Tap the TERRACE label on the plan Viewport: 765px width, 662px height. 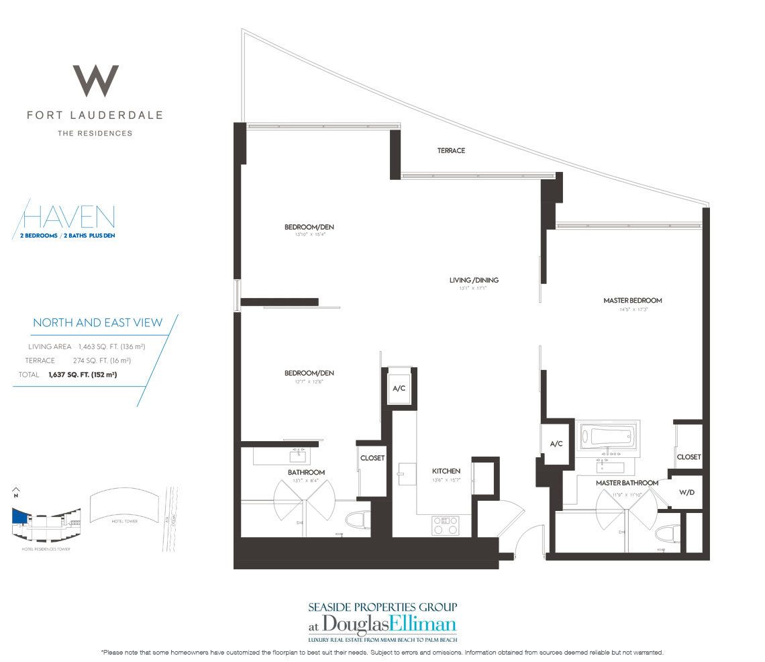pyautogui.click(x=451, y=150)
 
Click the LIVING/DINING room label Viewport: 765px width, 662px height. pyautogui.click(x=474, y=280)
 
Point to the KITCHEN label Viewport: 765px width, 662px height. pyautogui.click(x=446, y=471)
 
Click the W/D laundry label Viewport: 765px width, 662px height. pyautogui.click(x=686, y=492)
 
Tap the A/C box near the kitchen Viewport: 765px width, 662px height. pyautogui.click(x=399, y=388)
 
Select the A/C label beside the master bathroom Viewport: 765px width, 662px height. pyautogui.click(x=556, y=444)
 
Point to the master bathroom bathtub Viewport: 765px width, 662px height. pyautogui.click(x=607, y=436)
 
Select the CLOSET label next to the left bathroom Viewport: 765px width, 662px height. pyautogui.click(x=372, y=458)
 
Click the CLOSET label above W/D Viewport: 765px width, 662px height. pyautogui.click(x=688, y=457)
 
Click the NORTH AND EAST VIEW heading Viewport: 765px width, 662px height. pyautogui.click(x=97, y=323)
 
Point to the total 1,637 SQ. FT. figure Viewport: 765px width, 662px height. pyautogui.click(x=83, y=375)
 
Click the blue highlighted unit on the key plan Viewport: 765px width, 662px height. pyautogui.click(x=20, y=516)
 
